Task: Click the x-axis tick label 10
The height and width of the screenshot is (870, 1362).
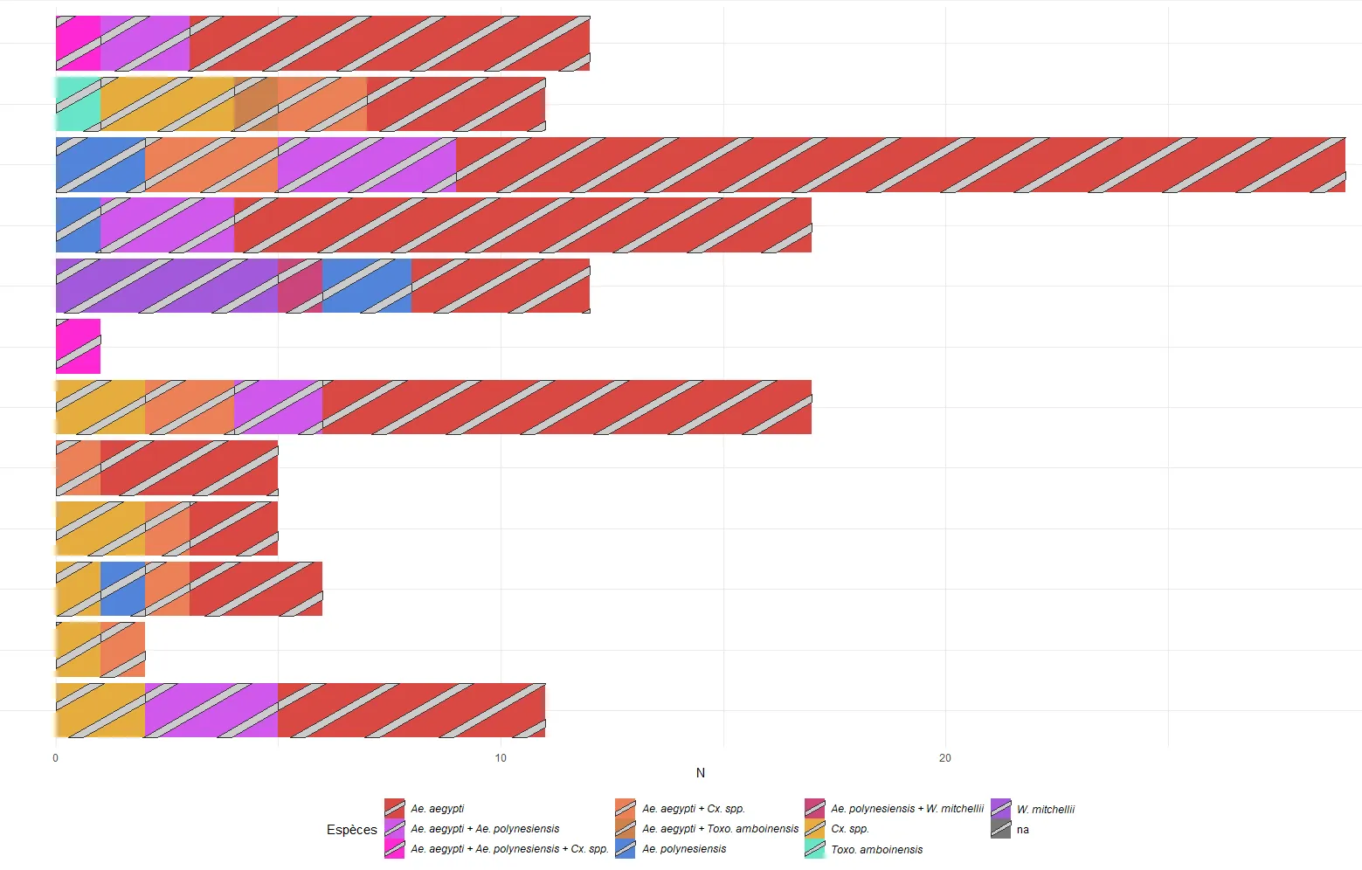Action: click(501, 758)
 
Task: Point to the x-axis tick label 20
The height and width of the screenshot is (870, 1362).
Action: click(944, 758)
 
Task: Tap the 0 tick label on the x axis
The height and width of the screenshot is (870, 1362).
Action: click(56, 758)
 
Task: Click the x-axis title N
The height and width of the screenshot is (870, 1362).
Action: click(700, 773)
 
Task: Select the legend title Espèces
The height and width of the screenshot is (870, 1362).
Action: click(352, 830)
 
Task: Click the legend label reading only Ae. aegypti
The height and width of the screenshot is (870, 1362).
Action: click(438, 809)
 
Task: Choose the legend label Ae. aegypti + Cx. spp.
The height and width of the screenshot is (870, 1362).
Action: click(694, 809)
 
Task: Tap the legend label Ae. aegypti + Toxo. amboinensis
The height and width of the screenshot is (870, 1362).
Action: click(720, 829)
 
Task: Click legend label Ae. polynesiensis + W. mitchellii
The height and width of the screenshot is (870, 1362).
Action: click(907, 809)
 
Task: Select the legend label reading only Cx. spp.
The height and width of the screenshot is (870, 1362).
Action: click(850, 829)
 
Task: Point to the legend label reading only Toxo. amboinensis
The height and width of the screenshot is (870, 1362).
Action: click(876, 849)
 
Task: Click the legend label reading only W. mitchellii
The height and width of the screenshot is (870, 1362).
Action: click(1046, 810)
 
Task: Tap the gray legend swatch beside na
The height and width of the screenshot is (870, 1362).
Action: click(1001, 830)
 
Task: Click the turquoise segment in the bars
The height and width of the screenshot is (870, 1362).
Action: click(78, 104)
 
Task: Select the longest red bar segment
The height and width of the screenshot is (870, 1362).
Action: click(900, 164)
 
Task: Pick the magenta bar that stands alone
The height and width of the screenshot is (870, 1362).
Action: click(78, 347)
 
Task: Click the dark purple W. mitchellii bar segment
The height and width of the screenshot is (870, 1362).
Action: click(166, 286)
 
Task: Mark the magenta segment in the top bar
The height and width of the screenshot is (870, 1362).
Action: click(78, 43)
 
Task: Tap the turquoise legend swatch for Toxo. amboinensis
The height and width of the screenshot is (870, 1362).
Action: click(814, 849)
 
